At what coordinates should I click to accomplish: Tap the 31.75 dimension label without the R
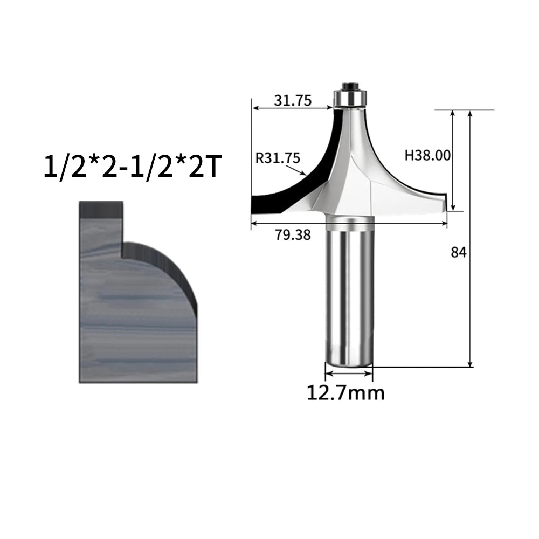[293, 100]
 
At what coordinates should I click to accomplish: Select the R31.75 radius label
[278, 158]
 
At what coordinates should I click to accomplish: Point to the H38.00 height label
[427, 155]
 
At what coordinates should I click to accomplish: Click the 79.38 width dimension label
[293, 235]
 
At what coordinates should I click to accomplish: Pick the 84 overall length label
[459, 253]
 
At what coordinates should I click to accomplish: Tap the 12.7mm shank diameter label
[345, 393]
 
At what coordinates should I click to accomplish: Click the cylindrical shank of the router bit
[349, 291]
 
